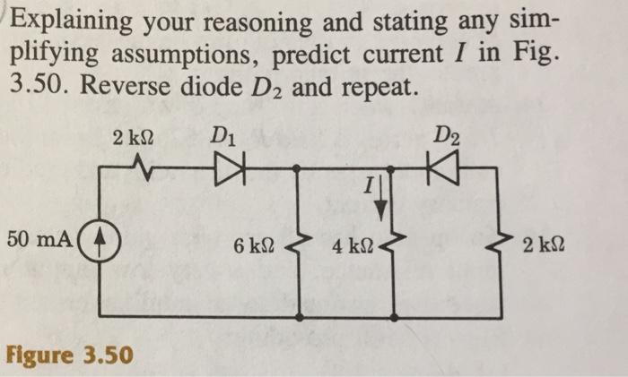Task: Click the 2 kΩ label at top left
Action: [133, 140]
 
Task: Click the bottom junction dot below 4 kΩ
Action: [395, 316]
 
